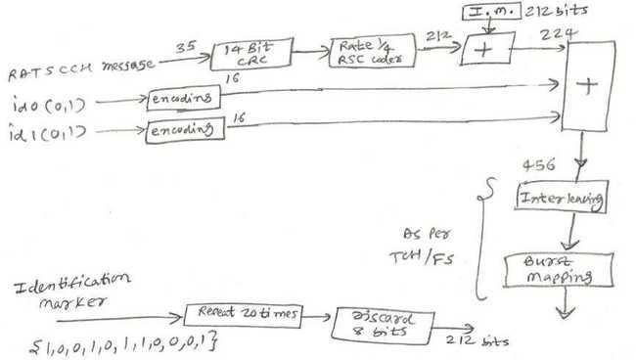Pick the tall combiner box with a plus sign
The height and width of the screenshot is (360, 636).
point(587,86)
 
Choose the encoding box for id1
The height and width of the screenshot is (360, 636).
point(183,129)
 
